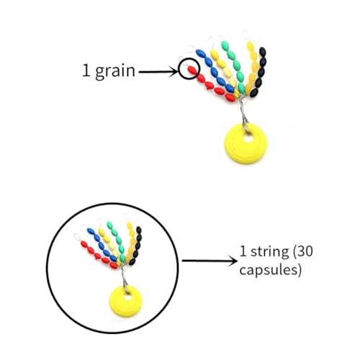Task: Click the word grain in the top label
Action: pyautogui.click(x=115, y=71)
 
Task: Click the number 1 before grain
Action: pyautogui.click(x=86, y=70)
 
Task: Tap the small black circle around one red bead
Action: pyautogui.click(x=189, y=68)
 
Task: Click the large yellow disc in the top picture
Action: pyautogui.click(x=245, y=143)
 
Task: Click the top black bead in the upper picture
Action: pyautogui.click(x=263, y=52)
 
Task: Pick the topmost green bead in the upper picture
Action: pyautogui.click(x=225, y=45)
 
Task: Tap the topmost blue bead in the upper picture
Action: pyautogui.click(x=200, y=53)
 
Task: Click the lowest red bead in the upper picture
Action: pyautogui.click(x=230, y=97)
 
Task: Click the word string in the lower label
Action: pyautogui.click(x=269, y=252)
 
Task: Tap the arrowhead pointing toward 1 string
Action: pyautogui.click(x=233, y=261)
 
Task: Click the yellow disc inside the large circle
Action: pyautogui.click(x=126, y=300)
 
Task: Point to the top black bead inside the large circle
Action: pyautogui.click(x=139, y=230)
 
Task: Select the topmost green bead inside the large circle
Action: pyautogui.click(x=109, y=225)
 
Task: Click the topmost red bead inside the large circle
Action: pyautogui.click(x=84, y=244)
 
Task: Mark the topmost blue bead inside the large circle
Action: pyautogui.click(x=91, y=231)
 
